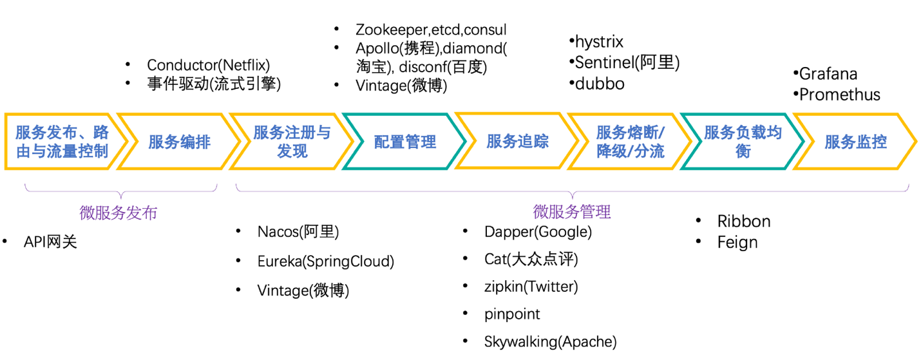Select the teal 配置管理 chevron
[405, 142]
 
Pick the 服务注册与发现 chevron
[292, 142]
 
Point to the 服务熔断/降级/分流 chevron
[630, 142]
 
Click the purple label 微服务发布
[118, 213]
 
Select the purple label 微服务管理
[572, 211]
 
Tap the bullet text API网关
[50, 242]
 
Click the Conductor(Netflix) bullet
[208, 65]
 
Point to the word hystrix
[599, 43]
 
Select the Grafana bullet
[828, 74]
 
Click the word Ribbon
[744, 222]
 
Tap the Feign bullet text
[737, 243]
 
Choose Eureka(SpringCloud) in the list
[325, 261]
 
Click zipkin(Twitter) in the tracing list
[531, 287]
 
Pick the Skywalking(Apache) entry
[550, 342]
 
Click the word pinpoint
[512, 314]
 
